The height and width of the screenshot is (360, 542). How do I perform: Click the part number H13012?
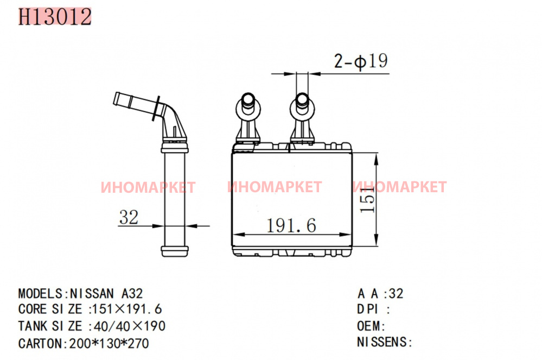coord(54,17)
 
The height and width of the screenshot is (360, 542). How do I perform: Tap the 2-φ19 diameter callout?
coord(360,61)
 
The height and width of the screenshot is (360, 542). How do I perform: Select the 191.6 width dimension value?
coord(291,225)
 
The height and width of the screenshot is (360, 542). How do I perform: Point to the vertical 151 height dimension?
coord(367,203)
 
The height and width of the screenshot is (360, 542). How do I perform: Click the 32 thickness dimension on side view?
coord(129,218)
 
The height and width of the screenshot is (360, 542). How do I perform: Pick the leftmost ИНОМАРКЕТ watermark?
coord(148,188)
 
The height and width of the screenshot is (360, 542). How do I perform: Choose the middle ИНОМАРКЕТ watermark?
coord(275,187)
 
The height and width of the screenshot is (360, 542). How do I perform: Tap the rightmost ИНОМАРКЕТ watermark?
coord(399,187)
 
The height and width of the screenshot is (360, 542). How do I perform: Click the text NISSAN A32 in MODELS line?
coord(106,294)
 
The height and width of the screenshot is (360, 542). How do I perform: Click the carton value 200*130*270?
coord(107,343)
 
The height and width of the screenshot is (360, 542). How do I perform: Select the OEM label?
coord(371,326)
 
